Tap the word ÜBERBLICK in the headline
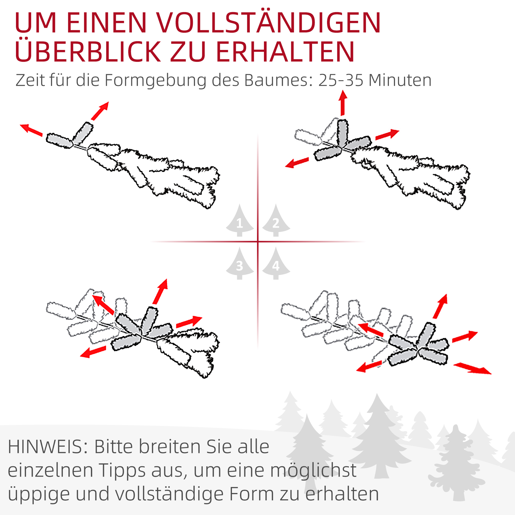pos(88,52)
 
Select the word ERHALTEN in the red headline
pos(285,52)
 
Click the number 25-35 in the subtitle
pos(341,80)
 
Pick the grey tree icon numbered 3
pos(239,264)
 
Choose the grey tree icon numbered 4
pos(276,264)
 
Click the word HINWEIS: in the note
pos(48,447)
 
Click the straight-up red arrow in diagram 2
pos(343,103)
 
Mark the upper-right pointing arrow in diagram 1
pos(100,111)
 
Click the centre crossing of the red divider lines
pos(258,242)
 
